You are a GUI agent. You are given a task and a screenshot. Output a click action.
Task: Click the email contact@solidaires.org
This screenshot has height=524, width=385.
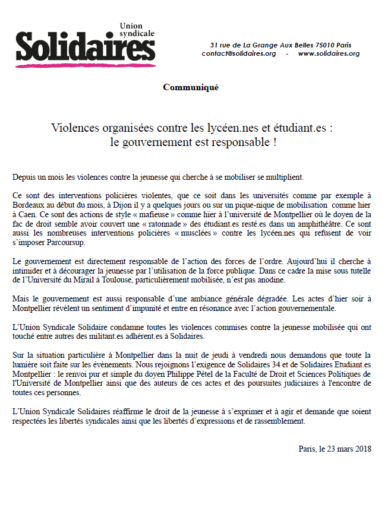click(x=239, y=53)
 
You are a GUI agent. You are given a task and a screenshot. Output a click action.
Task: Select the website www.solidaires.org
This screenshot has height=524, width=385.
click(x=329, y=53)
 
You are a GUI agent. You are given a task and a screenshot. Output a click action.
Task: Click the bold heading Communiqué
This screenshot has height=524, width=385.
click(x=191, y=88)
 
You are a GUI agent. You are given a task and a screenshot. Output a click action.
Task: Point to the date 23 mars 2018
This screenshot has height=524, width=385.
click(x=345, y=449)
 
